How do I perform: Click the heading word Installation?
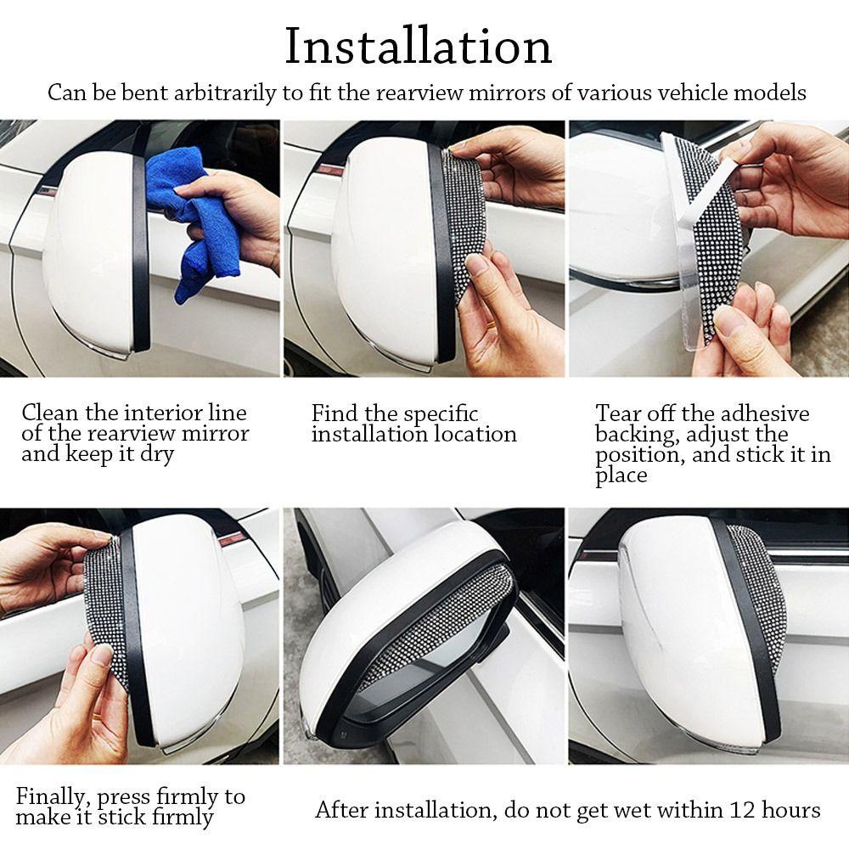point(418,47)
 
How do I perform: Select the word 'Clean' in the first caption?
point(49,413)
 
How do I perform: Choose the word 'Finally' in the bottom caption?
point(50,797)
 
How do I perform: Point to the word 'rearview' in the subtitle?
point(419,93)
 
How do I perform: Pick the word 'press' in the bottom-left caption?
point(125,798)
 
